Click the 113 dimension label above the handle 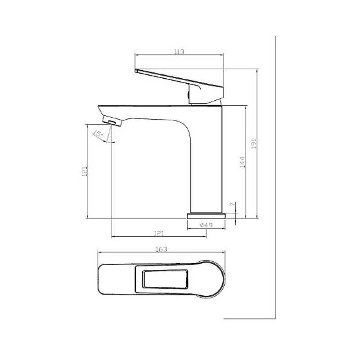pyautogui.click(x=179, y=52)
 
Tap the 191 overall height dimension pyautogui.click(x=254, y=144)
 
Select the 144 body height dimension pyautogui.click(x=242, y=162)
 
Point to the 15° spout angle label pyautogui.click(x=97, y=133)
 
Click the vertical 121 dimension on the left pyautogui.click(x=85, y=171)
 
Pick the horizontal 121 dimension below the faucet pyautogui.click(x=159, y=234)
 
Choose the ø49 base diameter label pyautogui.click(x=206, y=225)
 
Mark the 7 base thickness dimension pyautogui.click(x=232, y=204)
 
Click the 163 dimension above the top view pyautogui.click(x=162, y=249)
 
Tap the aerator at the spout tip pyautogui.click(x=112, y=121)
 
